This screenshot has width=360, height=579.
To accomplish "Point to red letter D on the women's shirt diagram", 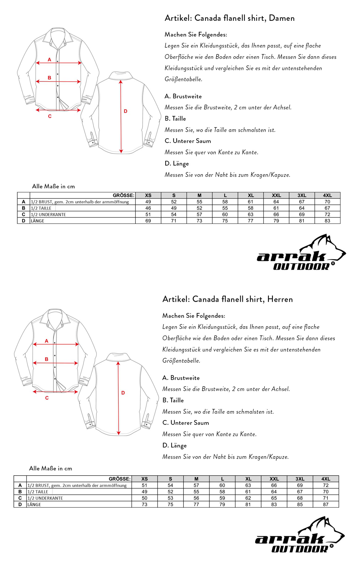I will (126, 111).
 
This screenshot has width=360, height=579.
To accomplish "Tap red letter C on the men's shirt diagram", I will (47, 398).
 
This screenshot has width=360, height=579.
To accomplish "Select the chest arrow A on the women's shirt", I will (58, 63).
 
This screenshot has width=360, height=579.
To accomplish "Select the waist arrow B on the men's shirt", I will (55, 363).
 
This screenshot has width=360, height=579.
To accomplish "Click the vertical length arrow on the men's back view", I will (118, 398).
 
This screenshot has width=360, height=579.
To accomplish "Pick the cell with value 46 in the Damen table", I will (148, 208).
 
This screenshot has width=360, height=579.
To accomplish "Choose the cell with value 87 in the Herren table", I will (325, 505).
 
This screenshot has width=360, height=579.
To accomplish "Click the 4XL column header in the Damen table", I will (327, 195).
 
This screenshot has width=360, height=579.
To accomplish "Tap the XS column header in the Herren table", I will (145, 479).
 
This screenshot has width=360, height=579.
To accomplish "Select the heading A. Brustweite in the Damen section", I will (183, 96).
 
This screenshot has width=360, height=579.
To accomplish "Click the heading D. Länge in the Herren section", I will (174, 445).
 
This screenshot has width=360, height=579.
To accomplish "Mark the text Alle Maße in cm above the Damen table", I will (53, 186).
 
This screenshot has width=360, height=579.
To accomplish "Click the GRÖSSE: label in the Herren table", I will (119, 479).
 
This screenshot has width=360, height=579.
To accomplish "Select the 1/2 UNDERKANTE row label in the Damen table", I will (48, 215).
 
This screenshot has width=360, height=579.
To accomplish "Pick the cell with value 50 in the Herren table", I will (145, 498).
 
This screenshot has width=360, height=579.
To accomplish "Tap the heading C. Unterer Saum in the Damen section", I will (188, 141).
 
